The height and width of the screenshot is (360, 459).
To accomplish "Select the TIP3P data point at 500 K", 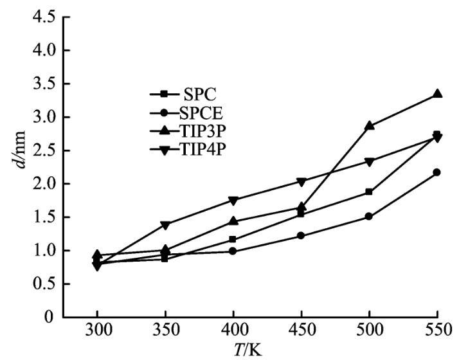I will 370,125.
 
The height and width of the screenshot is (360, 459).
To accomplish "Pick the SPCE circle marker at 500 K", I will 370,216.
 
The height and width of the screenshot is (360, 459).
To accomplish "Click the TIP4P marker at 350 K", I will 165,225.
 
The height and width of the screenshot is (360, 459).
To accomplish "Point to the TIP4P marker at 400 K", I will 233,201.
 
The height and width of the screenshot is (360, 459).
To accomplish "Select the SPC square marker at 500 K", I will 370,192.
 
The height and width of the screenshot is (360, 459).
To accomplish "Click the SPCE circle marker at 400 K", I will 233,251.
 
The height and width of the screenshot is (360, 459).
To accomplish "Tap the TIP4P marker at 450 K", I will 301,182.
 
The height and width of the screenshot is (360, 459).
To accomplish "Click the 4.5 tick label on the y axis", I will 40,17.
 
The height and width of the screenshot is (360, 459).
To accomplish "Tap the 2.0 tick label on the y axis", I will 40,184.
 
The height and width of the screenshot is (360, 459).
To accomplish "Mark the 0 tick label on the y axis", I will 49,317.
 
